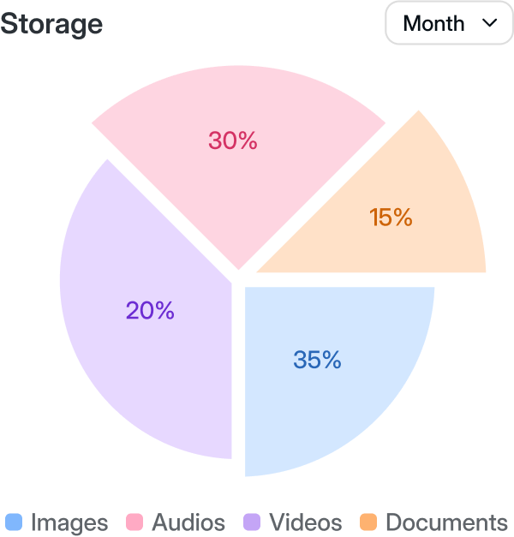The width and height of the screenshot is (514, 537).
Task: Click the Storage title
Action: click(x=51, y=24)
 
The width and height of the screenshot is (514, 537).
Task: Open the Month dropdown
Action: click(x=449, y=23)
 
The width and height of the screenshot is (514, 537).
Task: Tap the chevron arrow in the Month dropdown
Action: click(x=491, y=23)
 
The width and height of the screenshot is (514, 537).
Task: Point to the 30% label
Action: click(x=233, y=140)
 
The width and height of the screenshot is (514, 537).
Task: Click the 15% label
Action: click(x=391, y=218)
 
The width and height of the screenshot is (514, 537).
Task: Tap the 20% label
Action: click(x=150, y=311)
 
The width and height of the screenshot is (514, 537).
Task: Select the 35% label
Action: click(x=317, y=361)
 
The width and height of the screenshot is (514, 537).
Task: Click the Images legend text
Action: click(x=69, y=522)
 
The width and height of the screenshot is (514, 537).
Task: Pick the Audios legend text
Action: click(x=188, y=522)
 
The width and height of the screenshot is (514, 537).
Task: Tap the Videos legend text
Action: click(x=306, y=522)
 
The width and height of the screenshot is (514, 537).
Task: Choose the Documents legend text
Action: click(x=446, y=522)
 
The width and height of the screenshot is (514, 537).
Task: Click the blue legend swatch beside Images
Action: click(x=13, y=522)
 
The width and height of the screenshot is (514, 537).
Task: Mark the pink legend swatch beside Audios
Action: click(x=134, y=522)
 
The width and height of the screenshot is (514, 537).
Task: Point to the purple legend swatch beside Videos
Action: click(x=252, y=522)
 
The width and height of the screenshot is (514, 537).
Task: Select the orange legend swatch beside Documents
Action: click(x=368, y=522)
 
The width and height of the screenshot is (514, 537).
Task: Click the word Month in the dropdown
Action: click(x=433, y=23)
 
